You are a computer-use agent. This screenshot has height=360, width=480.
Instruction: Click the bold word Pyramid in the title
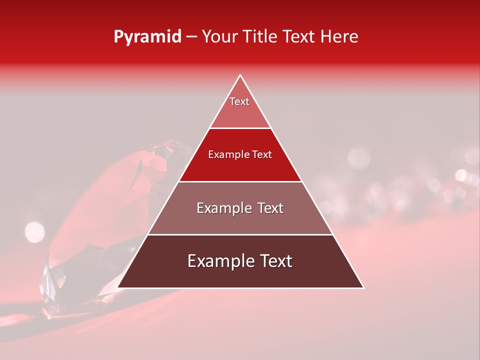(x=147, y=37)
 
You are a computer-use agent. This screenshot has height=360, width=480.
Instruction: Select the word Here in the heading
(x=339, y=37)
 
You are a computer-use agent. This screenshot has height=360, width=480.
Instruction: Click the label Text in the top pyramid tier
(x=239, y=101)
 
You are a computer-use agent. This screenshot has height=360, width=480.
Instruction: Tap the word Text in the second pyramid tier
(x=261, y=155)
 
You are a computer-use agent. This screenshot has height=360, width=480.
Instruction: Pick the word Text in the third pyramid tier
(x=270, y=208)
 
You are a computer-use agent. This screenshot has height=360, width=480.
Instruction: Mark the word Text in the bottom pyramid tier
(x=275, y=261)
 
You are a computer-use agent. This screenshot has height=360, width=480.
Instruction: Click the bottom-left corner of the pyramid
(x=118, y=288)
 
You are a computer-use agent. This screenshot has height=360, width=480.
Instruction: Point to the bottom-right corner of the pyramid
(x=363, y=288)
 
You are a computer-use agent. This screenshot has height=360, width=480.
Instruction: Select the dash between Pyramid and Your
(x=191, y=37)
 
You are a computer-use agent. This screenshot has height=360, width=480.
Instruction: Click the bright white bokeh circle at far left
(x=34, y=231)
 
